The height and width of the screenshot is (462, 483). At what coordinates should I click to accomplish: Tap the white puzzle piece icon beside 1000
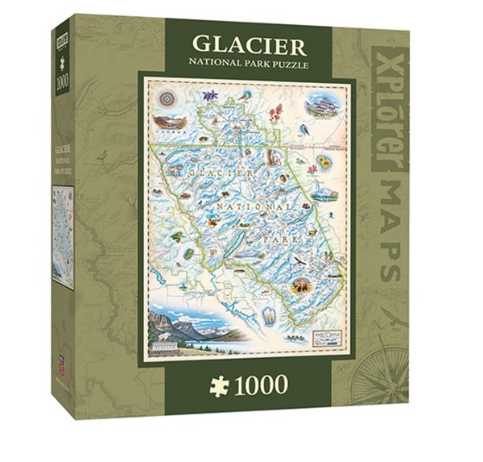click(219, 385)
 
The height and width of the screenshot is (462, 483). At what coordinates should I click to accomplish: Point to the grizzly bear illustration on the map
click(302, 285)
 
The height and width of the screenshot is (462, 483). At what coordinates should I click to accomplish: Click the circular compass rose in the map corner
click(167, 98)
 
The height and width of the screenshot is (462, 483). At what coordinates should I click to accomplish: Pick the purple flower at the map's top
click(210, 96)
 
